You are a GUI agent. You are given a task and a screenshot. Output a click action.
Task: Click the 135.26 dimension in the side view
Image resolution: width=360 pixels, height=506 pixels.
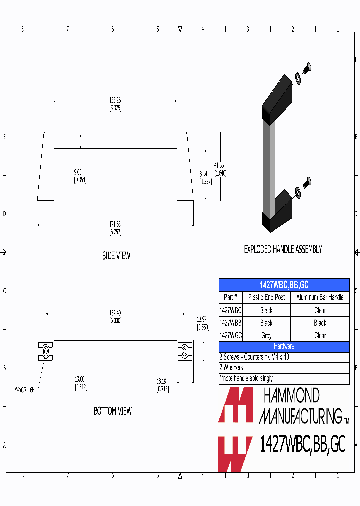click(115, 101)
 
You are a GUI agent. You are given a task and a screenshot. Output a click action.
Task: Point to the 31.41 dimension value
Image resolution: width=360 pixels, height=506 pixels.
click(204, 175)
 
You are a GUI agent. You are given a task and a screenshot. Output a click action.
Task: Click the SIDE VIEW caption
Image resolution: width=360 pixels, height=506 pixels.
click(116, 256)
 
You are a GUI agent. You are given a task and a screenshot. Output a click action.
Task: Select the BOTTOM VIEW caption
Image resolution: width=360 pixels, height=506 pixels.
click(113, 411)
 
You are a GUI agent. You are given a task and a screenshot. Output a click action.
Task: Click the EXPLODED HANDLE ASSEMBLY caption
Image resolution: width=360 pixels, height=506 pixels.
click(283, 249)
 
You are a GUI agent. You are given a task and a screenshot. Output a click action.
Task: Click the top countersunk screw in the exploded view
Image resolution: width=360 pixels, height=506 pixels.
click(308, 66)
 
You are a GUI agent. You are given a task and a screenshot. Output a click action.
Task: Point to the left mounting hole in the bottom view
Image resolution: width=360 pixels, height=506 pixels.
click(46, 352)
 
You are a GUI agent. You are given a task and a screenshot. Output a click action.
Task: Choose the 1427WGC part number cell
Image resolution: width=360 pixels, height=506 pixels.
click(230, 336)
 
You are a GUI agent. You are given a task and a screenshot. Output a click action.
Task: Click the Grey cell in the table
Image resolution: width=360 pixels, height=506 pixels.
click(266, 336)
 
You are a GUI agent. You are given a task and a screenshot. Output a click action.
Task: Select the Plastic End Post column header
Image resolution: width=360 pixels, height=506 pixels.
click(266, 297)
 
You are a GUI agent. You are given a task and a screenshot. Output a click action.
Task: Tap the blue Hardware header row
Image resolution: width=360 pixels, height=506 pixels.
click(284, 346)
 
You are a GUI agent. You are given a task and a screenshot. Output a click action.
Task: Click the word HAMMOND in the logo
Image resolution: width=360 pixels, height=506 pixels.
click(291, 396)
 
